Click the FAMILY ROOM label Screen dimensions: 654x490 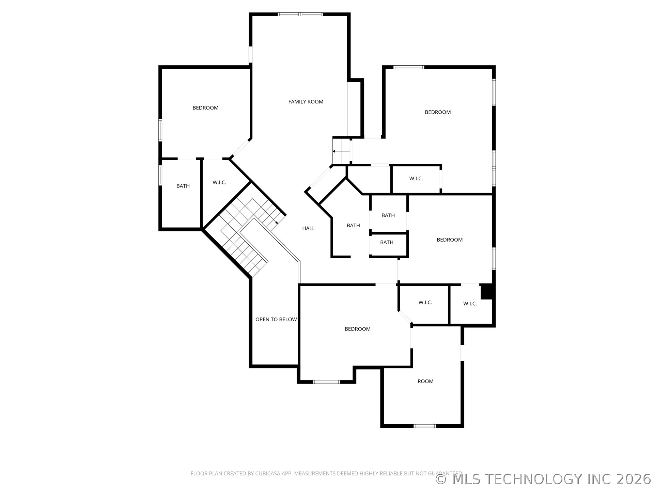click(x=306, y=102)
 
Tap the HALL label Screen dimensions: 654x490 click(x=308, y=228)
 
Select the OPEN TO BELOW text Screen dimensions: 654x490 click(x=276, y=320)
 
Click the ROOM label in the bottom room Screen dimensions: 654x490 click(x=425, y=381)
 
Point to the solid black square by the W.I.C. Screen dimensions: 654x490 click(x=486, y=292)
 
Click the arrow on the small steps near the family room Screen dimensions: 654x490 click(x=341, y=151)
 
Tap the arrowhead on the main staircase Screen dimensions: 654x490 click(x=277, y=222)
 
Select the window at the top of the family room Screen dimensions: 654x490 click(x=300, y=14)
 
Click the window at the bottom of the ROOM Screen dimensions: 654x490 click(x=424, y=426)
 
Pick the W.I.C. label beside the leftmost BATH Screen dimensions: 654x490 click(x=219, y=183)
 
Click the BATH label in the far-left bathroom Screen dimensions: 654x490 click(x=183, y=186)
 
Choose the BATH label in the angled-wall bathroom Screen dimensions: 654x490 click(x=353, y=226)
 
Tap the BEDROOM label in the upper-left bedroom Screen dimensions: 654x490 click(x=205, y=108)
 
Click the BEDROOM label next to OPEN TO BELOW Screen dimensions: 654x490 click(x=357, y=329)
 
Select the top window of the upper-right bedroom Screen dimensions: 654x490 click(x=409, y=67)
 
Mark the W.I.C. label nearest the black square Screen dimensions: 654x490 click(x=470, y=304)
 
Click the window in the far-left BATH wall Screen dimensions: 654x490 click(x=160, y=175)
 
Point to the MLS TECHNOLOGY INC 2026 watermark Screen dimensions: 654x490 click(x=544, y=479)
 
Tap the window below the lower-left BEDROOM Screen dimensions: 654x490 click(x=326, y=382)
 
